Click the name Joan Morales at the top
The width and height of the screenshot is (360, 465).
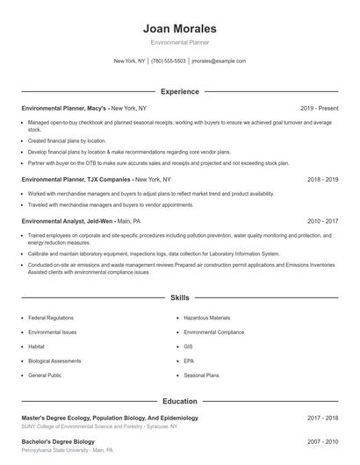point(180,28)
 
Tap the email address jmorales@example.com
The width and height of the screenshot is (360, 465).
point(219,61)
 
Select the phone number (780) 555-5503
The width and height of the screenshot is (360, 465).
point(169,61)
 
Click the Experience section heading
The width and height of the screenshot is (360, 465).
point(180,91)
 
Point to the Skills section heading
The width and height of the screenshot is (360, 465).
point(180,298)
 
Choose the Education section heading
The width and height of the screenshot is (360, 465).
point(180,401)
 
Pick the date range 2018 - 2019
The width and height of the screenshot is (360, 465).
point(322,179)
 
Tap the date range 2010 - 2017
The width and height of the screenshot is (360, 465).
point(322,222)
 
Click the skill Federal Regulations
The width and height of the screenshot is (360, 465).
point(50,318)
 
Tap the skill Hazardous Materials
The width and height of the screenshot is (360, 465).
point(207,318)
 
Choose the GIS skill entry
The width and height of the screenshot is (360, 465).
point(189,347)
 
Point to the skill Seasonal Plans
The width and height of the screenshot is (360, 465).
point(202,375)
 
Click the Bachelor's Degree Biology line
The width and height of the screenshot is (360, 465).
point(58,440)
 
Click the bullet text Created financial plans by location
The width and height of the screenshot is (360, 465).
point(67,140)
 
